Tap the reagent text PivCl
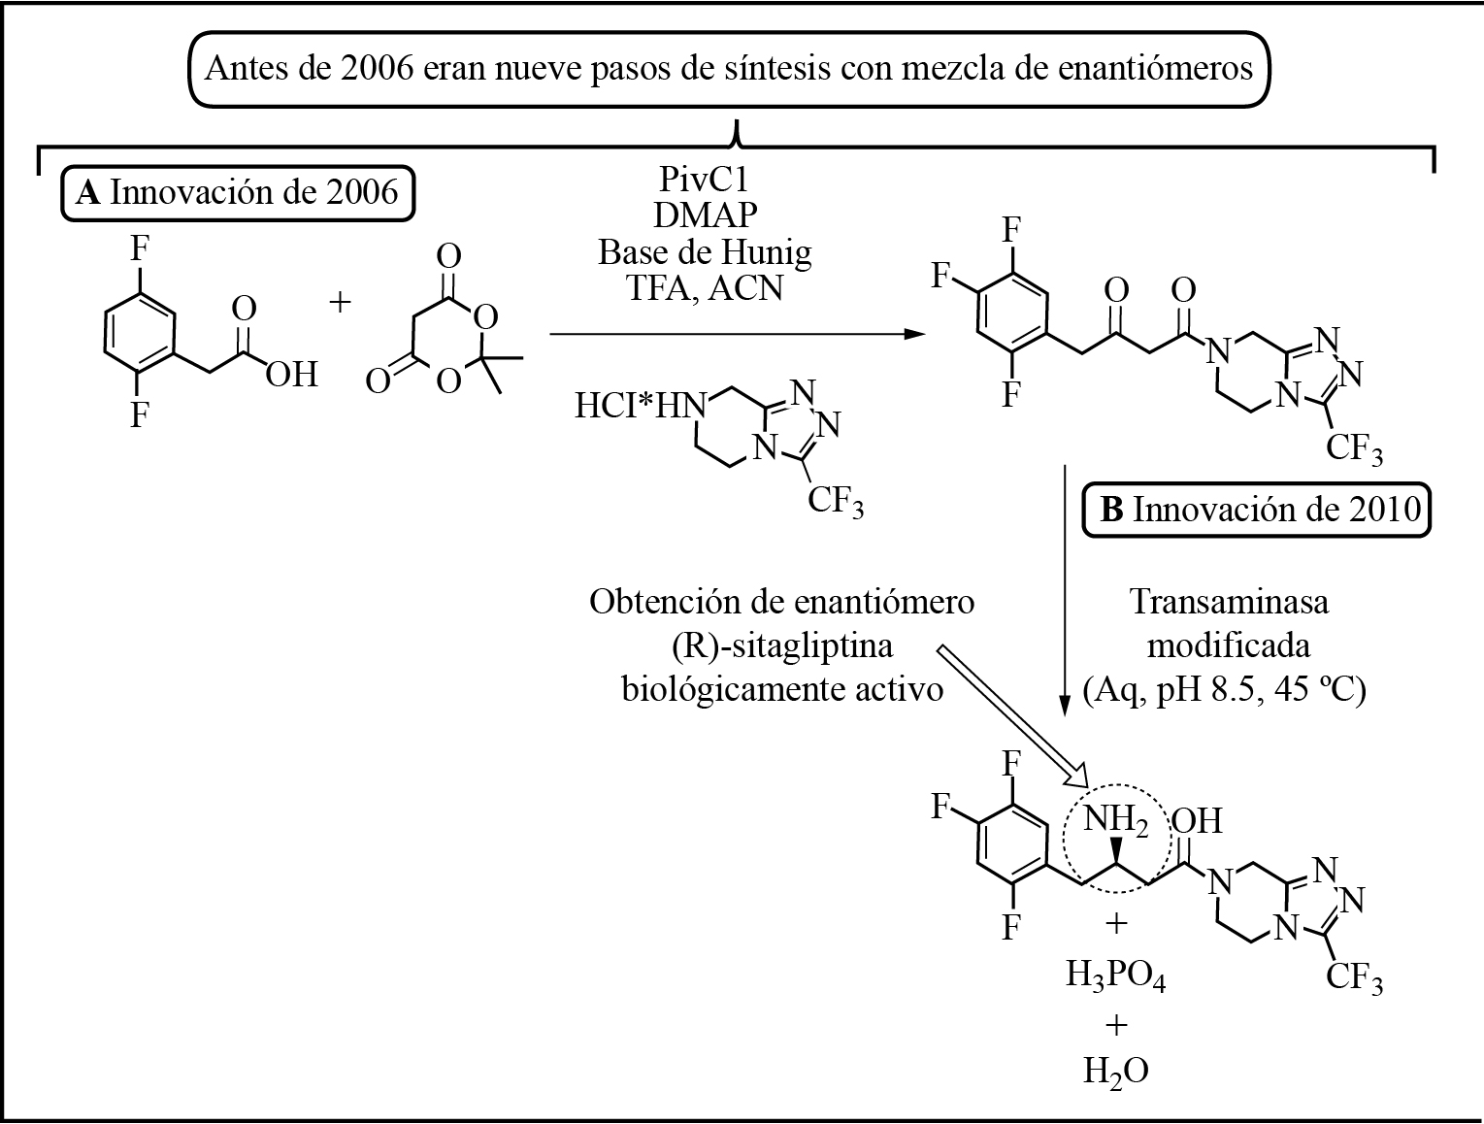coord(705,180)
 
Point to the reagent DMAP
coord(706,215)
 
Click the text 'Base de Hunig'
coord(705,252)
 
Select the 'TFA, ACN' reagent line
coord(705,288)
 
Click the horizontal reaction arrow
coord(737,334)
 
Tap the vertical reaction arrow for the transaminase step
coord(1065,589)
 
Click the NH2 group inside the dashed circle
coord(1115,820)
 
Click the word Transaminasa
coord(1229,603)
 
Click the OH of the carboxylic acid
coord(291,375)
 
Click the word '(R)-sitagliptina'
coord(782,646)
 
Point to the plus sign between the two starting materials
coord(340,303)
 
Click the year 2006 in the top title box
coord(378,69)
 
